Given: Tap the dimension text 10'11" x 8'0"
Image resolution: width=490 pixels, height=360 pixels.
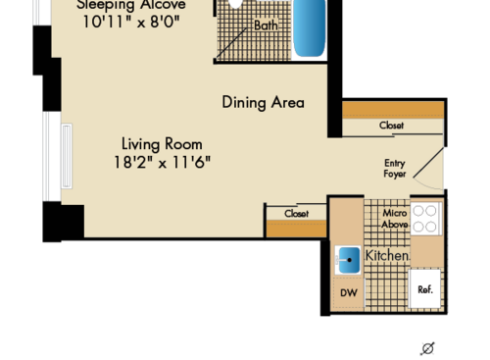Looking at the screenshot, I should [144, 21].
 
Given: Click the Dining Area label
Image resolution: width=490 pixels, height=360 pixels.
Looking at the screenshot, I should [263, 102].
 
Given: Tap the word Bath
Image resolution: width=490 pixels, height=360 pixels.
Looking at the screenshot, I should [266, 26].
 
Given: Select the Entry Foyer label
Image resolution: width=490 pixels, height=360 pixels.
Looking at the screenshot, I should [394, 169].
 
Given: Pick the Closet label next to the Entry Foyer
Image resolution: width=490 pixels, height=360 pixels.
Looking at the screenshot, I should [392, 126].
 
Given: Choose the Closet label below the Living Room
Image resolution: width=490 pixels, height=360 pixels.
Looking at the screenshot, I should [296, 213].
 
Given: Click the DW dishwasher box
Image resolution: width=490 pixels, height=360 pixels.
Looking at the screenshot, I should [348, 292].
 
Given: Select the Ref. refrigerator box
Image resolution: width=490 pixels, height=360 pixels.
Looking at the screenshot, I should [425, 289].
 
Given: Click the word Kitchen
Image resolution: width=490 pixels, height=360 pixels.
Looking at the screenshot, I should [387, 256].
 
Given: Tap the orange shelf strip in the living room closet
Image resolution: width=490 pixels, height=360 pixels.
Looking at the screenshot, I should [296, 229].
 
